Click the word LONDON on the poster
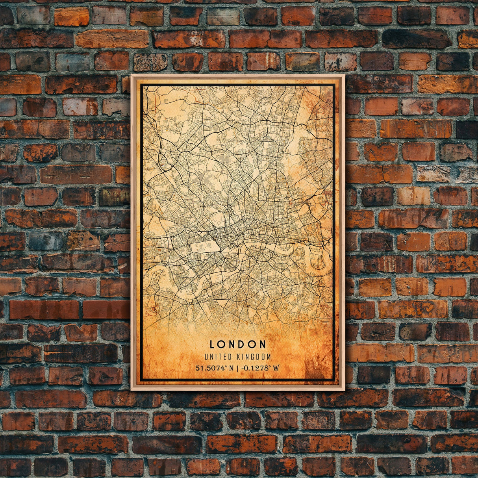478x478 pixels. (238, 345)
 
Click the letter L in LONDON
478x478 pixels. (212, 345)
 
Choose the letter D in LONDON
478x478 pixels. (241, 345)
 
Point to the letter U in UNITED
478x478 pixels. (206, 357)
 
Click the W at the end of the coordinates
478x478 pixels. (276, 368)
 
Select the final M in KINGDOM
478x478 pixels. (269, 357)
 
